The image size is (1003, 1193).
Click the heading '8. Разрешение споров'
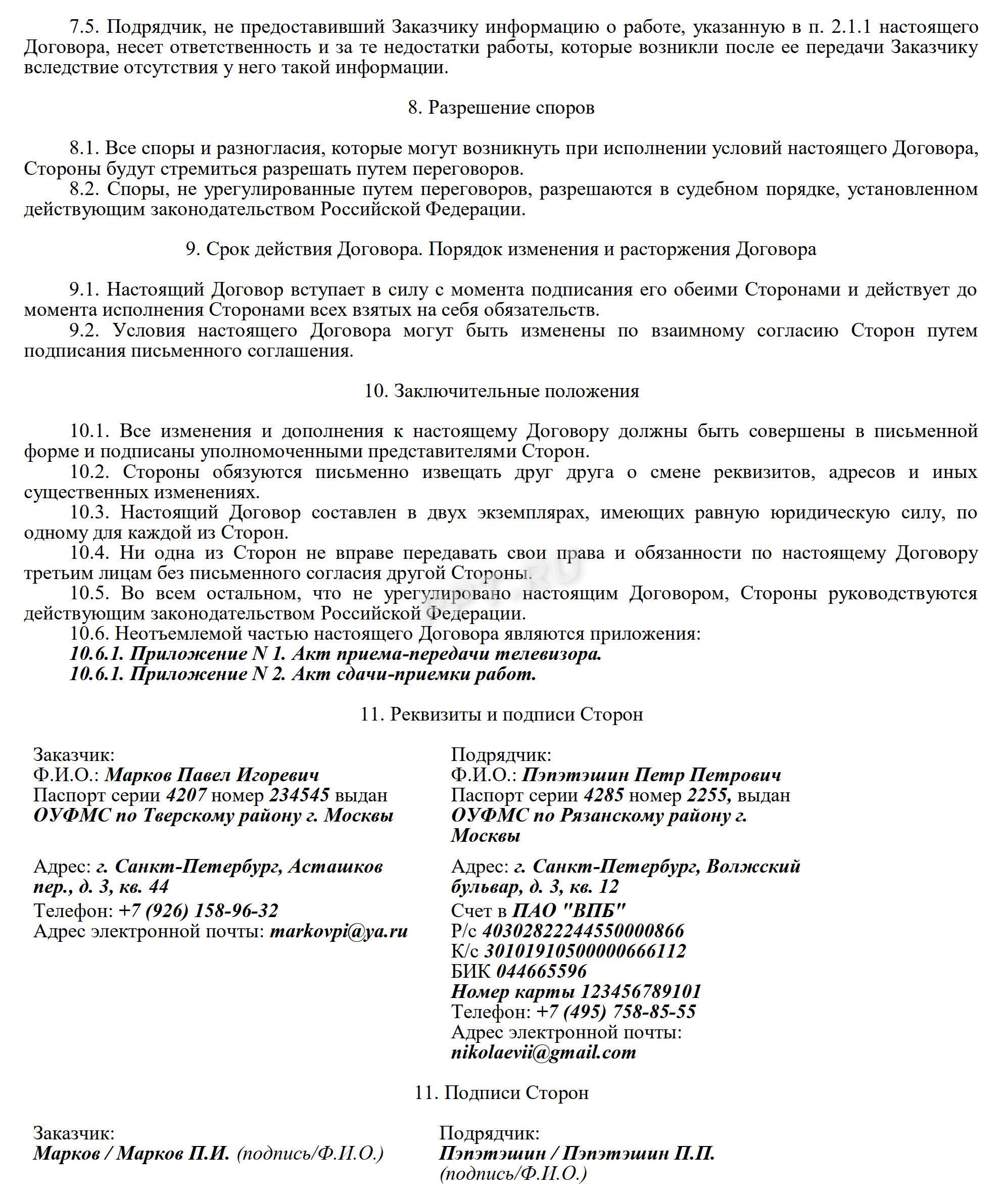501,108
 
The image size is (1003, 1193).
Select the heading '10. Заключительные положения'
501,391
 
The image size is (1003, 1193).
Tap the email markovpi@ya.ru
339,931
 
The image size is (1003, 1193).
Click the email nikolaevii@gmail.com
543,1052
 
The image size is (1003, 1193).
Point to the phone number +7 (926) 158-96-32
199,911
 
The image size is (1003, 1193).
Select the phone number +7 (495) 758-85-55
616,1012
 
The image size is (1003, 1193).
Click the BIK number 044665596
541,971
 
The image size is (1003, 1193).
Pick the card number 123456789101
640,991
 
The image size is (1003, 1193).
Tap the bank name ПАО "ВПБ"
568,911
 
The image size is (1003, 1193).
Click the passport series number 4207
186,795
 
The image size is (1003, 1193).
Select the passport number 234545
299,795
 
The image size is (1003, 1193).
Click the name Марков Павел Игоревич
212,775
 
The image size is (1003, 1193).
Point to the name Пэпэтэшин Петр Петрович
651,775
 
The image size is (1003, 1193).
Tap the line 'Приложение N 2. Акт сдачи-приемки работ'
332,675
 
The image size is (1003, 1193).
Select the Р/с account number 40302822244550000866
583,931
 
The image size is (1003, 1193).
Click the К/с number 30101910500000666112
584,951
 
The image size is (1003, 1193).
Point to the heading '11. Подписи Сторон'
501,1093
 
